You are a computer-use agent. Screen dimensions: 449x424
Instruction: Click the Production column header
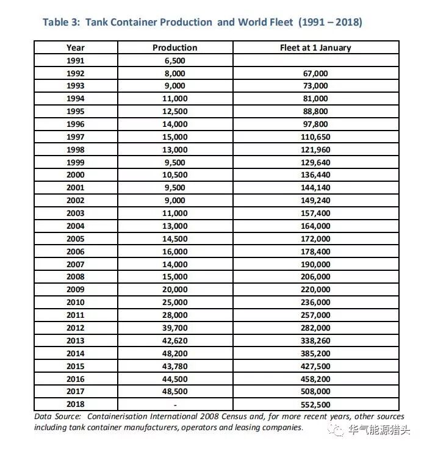(175, 48)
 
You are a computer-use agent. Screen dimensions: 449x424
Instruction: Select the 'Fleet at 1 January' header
(315, 48)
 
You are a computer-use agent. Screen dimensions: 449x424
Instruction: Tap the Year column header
(76, 48)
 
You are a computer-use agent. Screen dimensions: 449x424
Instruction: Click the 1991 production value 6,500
(175, 60)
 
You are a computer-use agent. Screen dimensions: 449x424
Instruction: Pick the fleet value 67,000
(315, 73)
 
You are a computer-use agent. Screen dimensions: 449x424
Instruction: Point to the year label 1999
(76, 162)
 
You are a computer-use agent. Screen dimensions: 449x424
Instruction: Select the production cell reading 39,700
(175, 328)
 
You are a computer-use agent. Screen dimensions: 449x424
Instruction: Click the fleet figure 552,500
(315, 404)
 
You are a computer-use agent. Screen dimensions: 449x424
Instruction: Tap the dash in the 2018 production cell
(175, 404)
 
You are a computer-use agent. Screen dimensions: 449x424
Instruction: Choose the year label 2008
(76, 277)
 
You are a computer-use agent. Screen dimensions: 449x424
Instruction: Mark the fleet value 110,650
(315, 137)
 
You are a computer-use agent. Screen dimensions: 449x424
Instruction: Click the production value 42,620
(175, 340)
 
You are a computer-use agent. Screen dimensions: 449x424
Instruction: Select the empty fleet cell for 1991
(315, 60)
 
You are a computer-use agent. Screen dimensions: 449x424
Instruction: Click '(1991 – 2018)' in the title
(330, 23)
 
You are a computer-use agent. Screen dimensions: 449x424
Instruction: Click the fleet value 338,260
(315, 340)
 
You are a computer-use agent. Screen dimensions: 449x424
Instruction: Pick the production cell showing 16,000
(175, 251)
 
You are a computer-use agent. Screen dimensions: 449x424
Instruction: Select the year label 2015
(76, 366)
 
